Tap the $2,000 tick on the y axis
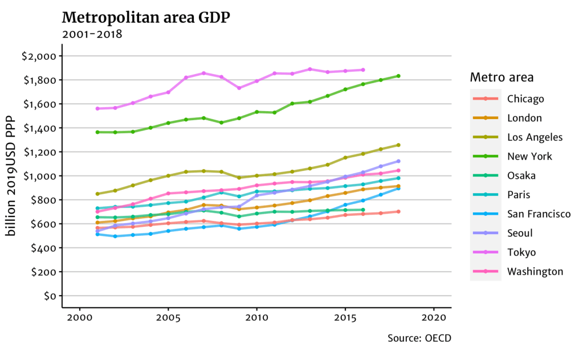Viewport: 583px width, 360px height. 38,56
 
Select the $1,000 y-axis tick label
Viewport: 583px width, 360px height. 38,176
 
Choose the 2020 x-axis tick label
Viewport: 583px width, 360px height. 434,317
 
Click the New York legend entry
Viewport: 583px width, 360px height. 529,157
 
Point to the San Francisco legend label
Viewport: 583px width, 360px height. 539,214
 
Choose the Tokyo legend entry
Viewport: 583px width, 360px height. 521,252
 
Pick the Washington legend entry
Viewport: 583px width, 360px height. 535,272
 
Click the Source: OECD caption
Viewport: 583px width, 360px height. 419,338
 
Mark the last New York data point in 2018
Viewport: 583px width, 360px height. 398,76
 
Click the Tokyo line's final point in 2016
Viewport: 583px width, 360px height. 363,70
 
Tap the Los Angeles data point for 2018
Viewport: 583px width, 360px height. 398,145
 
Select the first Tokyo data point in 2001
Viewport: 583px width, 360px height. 97,108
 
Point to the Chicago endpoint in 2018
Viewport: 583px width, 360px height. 398,211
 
